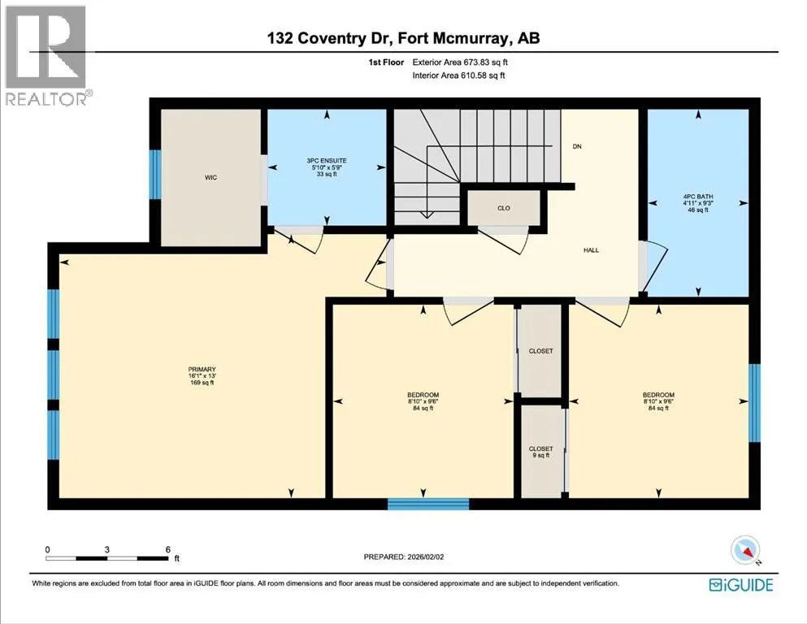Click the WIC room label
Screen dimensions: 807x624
210,177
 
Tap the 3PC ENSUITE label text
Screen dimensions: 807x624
327,161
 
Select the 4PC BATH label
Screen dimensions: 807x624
698,197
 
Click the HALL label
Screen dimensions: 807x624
591,250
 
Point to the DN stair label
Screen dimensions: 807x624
577,146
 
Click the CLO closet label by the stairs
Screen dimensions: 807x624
503,208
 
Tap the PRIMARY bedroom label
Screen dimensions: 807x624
202,370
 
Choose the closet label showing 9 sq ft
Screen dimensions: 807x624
540,453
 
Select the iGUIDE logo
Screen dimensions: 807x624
741,585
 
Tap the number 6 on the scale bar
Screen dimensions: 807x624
167,549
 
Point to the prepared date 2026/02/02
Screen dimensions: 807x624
425,557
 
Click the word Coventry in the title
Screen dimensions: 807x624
332,38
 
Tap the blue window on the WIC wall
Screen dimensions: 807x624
155,175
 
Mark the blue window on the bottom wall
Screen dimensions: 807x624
428,504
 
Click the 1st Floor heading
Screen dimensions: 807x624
386,63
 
